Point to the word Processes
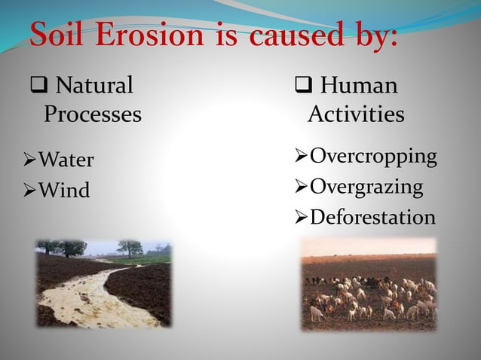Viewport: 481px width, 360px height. point(92,115)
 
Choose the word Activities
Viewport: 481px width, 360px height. point(356,115)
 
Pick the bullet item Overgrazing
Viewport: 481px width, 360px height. point(366,187)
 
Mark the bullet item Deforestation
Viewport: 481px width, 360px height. point(372,218)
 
